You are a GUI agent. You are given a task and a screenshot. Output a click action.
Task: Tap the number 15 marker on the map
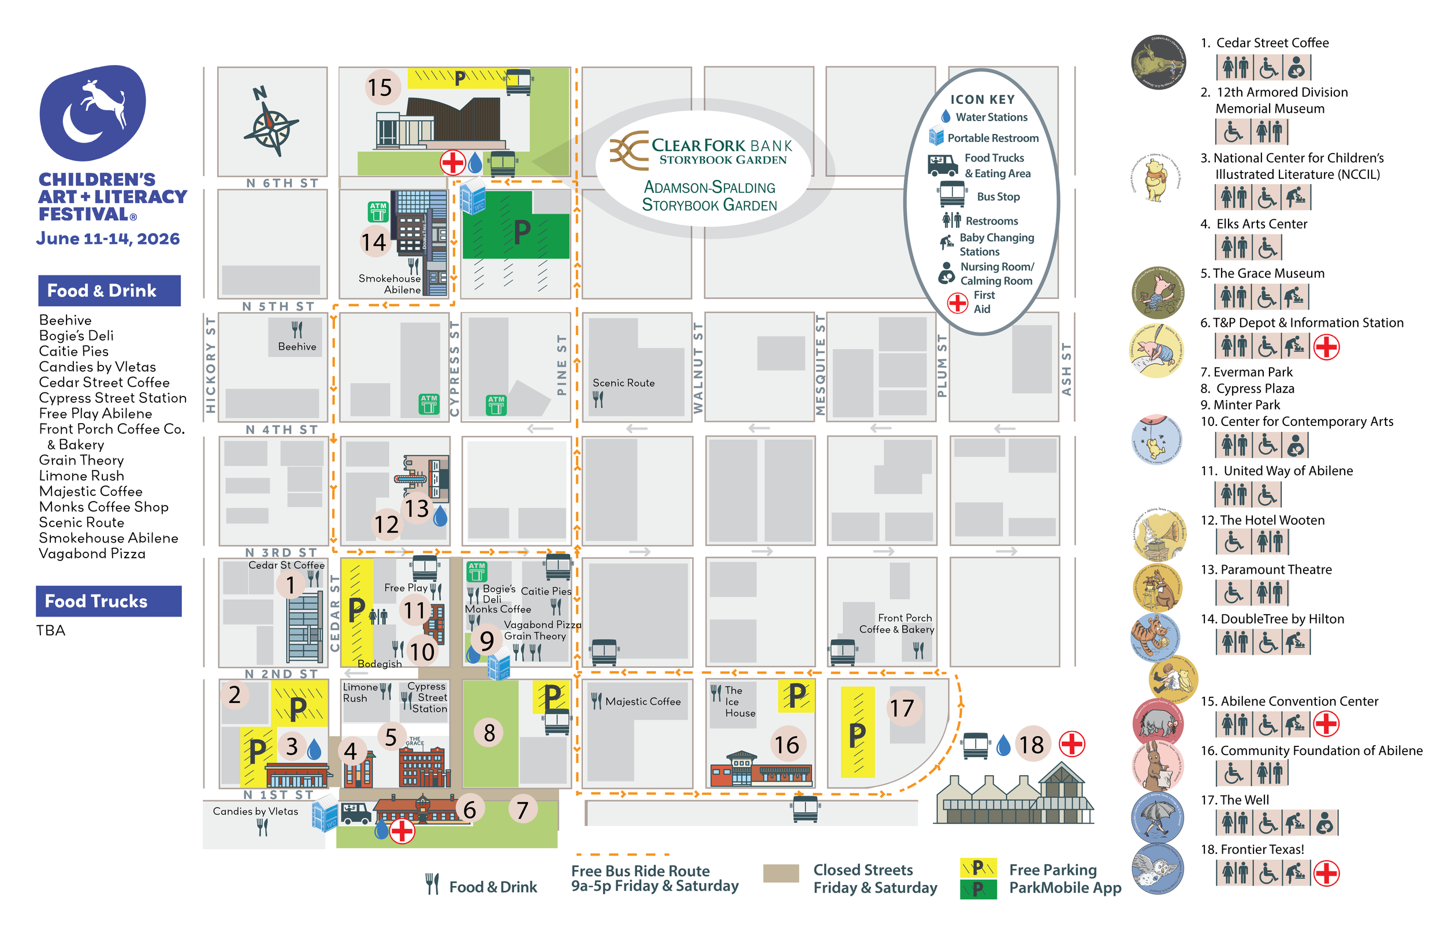point(381,87)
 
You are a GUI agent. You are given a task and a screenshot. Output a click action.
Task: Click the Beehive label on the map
point(297,346)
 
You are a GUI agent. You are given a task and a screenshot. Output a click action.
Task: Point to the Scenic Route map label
point(623,383)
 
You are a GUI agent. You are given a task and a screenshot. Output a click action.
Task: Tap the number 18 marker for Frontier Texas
point(1031,744)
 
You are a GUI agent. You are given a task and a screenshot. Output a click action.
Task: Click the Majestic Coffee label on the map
point(642,701)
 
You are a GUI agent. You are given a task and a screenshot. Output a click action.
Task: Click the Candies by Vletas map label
point(255,811)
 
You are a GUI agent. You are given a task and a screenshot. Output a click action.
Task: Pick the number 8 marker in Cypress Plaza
point(489,733)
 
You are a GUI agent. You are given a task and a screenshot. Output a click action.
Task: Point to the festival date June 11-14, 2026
point(108,238)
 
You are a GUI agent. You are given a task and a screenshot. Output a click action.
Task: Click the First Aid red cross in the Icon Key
point(958,302)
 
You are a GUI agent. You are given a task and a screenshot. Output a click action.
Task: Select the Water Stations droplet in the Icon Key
point(946,117)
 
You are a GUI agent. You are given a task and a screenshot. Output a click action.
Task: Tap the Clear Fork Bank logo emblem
point(628,150)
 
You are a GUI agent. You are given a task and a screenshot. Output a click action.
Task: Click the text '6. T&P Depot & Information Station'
point(1301,323)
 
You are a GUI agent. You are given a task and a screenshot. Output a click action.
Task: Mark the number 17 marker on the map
point(902,708)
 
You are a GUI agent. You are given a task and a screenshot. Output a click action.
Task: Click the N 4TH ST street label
point(281,429)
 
